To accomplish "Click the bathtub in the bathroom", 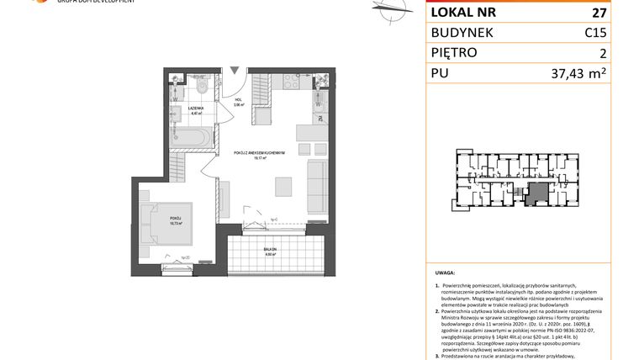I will pyautogui.click(x=192, y=137).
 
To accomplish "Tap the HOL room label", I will pyautogui.click(x=239, y=100).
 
